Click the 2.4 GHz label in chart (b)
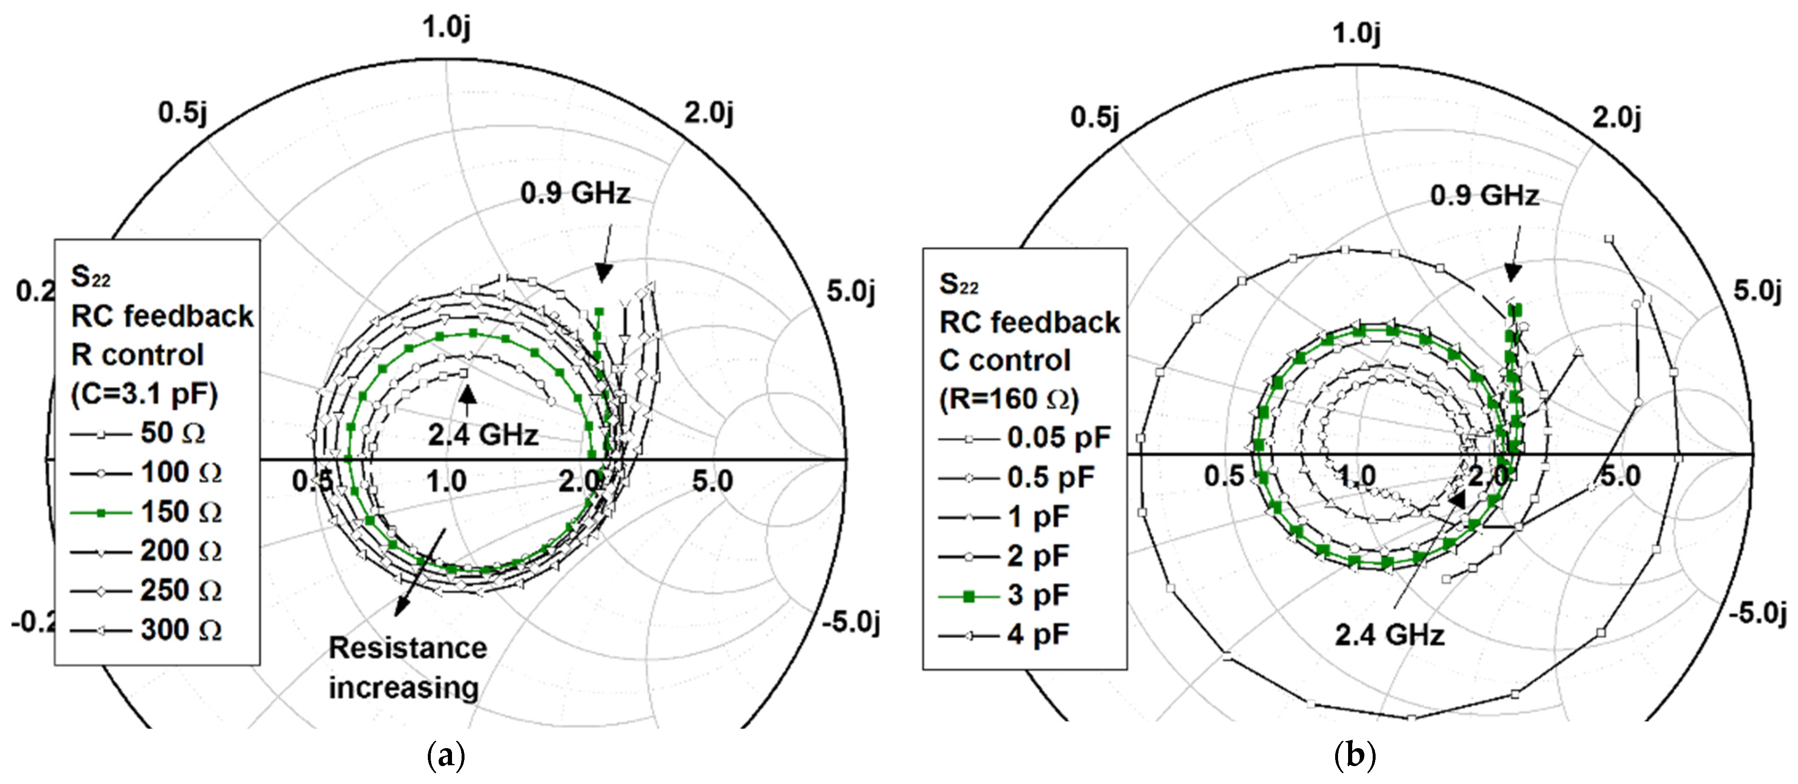click(x=1389, y=635)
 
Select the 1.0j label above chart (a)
click(x=447, y=28)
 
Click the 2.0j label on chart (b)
click(x=1617, y=117)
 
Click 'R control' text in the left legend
click(x=138, y=355)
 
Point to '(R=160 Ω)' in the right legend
click(x=1009, y=399)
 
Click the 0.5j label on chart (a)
click(x=183, y=112)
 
